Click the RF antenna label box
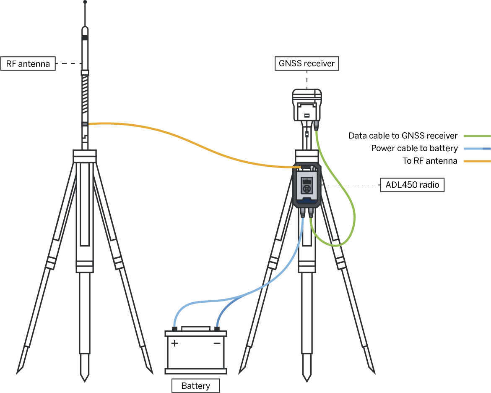28,64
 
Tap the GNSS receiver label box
307,63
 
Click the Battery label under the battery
196,386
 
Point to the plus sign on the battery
174,343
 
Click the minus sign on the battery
217,343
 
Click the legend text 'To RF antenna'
430,161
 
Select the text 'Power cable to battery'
414,149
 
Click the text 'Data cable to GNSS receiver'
403,136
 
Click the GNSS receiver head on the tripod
307,105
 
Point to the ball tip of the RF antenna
85,2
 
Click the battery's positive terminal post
174,328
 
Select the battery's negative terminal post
217,328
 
